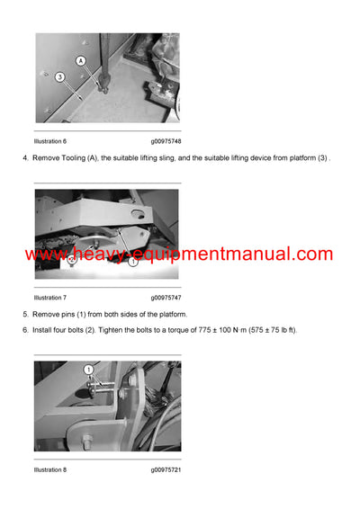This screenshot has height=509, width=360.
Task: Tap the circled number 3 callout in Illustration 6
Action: [59, 77]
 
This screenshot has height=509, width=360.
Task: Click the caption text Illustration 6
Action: [50, 141]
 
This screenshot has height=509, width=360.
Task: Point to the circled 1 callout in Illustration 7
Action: [131, 263]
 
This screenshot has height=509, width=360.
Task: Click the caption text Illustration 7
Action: [50, 297]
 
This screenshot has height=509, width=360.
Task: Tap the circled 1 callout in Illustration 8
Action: [89, 370]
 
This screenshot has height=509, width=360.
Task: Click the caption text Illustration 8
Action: [50, 469]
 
